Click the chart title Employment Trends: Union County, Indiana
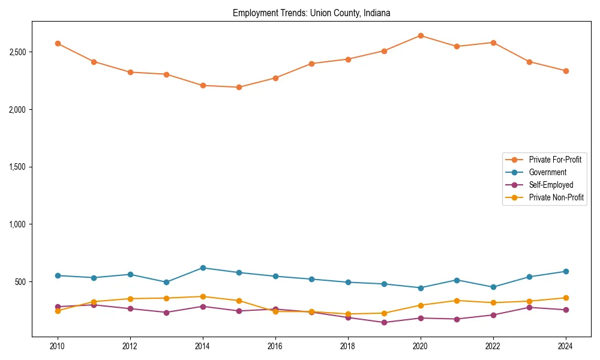click(x=311, y=13)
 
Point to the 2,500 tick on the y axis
click(x=17, y=52)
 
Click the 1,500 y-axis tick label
click(x=17, y=167)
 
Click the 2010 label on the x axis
click(x=58, y=346)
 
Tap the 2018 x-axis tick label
click(x=348, y=346)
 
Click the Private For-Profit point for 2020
click(x=421, y=36)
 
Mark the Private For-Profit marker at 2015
click(x=239, y=87)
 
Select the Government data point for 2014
click(x=203, y=268)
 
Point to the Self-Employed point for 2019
click(x=384, y=322)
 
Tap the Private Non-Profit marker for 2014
click(x=203, y=296)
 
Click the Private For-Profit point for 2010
click(x=58, y=44)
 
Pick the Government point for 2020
click(x=421, y=288)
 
